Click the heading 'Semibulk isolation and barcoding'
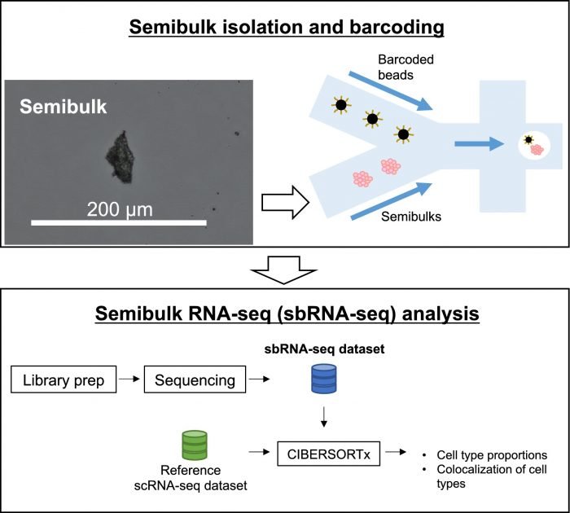(284, 28)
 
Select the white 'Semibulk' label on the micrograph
(56, 107)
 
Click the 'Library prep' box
(61, 379)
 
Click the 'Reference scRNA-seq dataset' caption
(193, 478)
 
